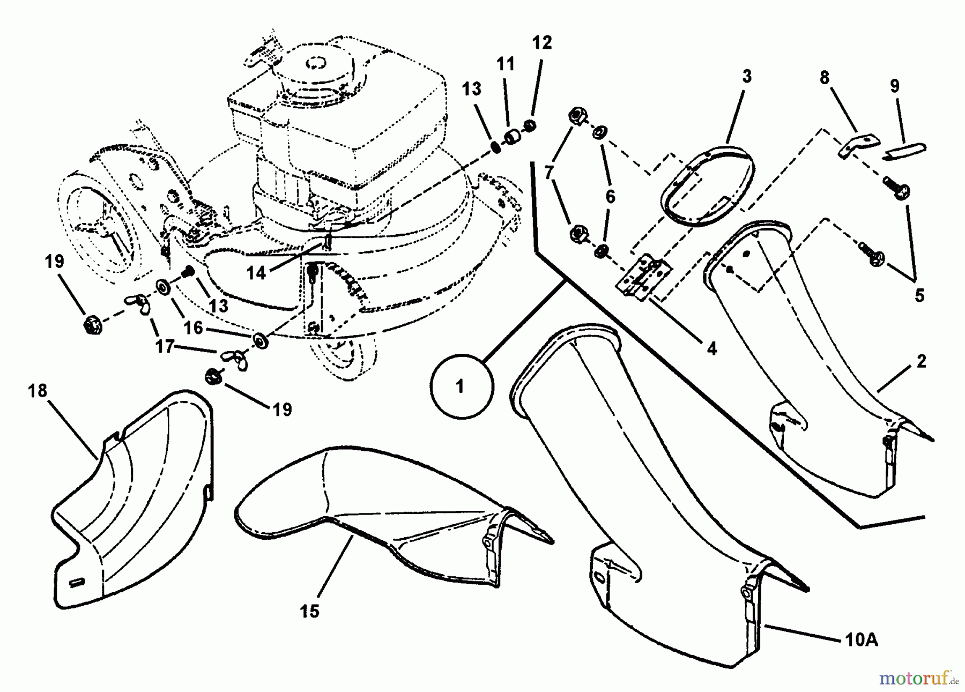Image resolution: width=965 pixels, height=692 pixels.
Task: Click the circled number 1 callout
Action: coord(459,386)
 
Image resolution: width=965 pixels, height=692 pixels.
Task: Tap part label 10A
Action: coord(861,640)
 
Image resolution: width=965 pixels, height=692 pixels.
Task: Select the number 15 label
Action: coord(310,611)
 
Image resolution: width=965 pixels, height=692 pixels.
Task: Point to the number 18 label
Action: coord(38,391)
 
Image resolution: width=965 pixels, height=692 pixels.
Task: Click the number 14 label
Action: coord(256,273)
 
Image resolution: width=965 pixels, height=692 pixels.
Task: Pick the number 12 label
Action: coord(542,43)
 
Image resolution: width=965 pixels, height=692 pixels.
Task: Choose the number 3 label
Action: coord(747,76)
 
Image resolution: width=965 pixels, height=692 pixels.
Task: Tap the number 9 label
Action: coord(894,86)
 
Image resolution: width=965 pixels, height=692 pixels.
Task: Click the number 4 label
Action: coord(711,349)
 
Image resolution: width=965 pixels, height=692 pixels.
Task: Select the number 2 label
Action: coord(921,361)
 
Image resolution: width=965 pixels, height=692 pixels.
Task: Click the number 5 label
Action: coord(919,295)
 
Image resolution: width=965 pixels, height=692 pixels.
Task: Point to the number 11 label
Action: coord(505,64)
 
